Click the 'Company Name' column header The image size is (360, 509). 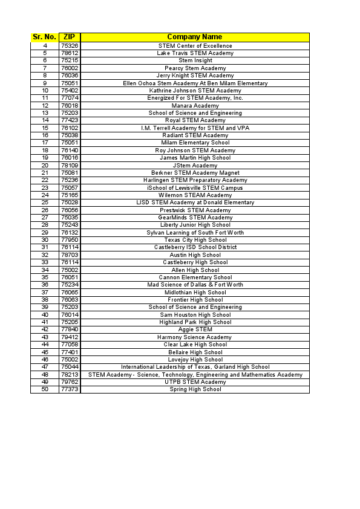[195, 37]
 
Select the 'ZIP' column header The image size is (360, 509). [70, 37]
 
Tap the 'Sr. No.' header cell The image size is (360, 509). [45, 37]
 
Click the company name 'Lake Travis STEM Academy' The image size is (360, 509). [195, 53]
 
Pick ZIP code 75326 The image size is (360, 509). [70, 46]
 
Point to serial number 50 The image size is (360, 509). [45, 389]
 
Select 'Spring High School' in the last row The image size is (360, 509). [195, 389]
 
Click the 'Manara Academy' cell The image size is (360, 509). [195, 106]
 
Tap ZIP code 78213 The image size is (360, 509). [70, 375]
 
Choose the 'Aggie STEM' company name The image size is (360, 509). [195, 329]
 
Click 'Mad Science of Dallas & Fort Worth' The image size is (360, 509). [195, 285]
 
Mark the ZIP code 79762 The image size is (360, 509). [70, 382]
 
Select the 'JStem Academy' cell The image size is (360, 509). [195, 166]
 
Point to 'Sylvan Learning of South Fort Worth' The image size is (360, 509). [195, 233]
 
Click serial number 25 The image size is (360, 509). [45, 203]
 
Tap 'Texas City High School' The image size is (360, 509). [195, 240]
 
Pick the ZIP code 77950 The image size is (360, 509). [70, 240]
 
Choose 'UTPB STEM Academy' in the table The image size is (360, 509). [195, 382]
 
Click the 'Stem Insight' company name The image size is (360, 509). [195, 60]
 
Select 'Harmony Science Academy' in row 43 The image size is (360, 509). [195, 337]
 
